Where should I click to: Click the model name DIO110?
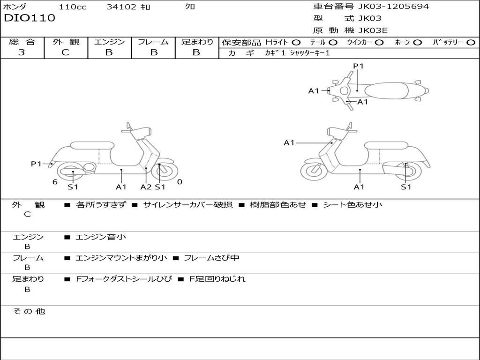pyautogui.click(x=30, y=18)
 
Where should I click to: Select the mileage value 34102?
pyautogui.click(x=121, y=7)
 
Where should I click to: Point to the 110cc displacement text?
pyautogui.click(x=73, y=7)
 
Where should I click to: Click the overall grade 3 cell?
pyautogui.click(x=22, y=52)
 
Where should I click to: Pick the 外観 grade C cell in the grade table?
pyautogui.click(x=65, y=52)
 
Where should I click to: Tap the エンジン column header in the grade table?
pyautogui.click(x=109, y=42)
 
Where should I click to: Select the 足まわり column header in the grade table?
pyautogui.click(x=197, y=42)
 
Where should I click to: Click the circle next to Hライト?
pyautogui.click(x=296, y=42)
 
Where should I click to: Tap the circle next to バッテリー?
pyautogui.click(x=471, y=42)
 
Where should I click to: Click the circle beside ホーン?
pyautogui.click(x=417, y=42)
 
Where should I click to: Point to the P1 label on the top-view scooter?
pyautogui.click(x=359, y=66)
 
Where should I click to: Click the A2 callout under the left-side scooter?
pyautogui.click(x=146, y=187)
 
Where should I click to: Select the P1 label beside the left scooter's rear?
pyautogui.click(x=37, y=164)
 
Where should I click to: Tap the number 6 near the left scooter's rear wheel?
pyautogui.click(x=55, y=182)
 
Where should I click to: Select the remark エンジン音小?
pyautogui.click(x=101, y=237)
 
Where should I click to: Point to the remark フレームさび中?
pyautogui.click(x=211, y=258)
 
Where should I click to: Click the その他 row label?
pyautogui.click(x=29, y=311)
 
